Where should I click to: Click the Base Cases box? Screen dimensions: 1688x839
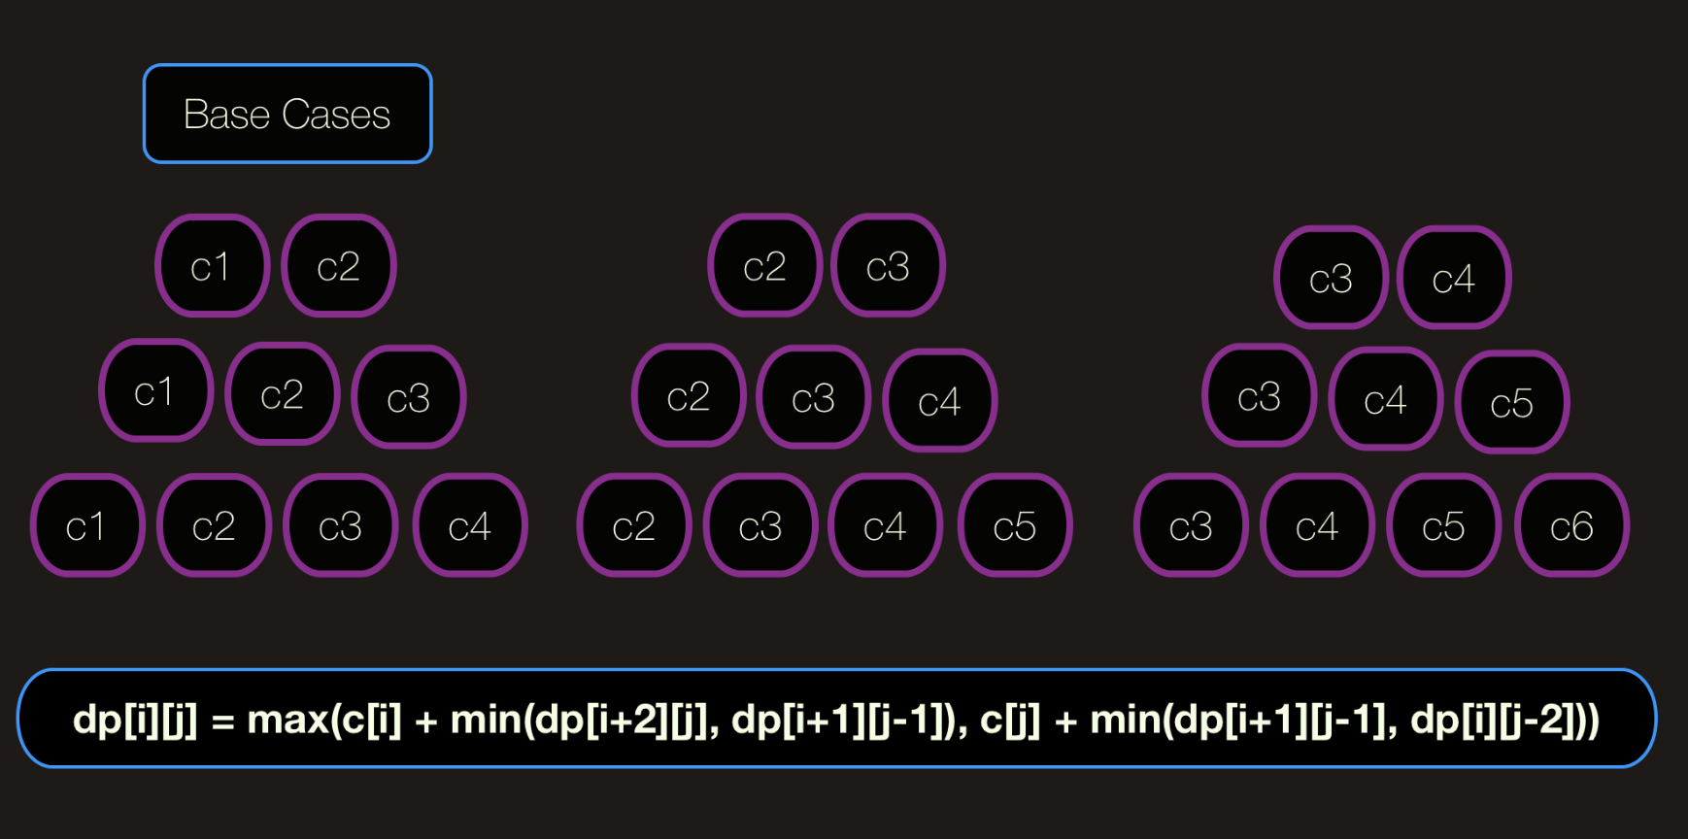click(287, 114)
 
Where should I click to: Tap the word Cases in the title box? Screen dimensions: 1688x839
click(336, 115)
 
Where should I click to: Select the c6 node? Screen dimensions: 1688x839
click(1571, 525)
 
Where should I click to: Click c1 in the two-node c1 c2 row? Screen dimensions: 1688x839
click(212, 265)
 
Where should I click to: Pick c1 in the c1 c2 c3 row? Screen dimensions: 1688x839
click(155, 390)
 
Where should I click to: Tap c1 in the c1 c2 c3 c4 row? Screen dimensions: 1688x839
click(87, 525)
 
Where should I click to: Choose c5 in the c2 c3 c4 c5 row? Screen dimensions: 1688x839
click(1015, 525)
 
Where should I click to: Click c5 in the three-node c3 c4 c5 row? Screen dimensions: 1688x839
click(1512, 402)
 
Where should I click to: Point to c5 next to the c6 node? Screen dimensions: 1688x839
click(1444, 525)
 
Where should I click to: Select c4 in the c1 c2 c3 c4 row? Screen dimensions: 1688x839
click(470, 525)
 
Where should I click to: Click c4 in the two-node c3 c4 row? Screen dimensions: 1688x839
click(1454, 278)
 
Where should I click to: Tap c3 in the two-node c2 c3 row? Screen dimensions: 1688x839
click(888, 265)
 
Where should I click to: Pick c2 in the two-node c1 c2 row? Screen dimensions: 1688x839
click(338, 265)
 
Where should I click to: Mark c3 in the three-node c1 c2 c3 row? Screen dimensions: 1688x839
click(409, 397)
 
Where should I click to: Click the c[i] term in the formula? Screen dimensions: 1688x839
click(371, 721)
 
